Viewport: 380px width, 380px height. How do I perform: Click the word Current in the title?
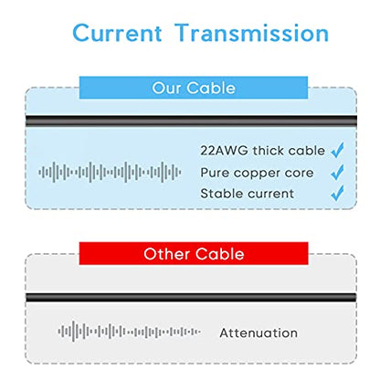coord(117,33)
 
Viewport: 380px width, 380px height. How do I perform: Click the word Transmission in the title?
coord(252,33)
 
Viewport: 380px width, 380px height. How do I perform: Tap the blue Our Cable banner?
coord(194,88)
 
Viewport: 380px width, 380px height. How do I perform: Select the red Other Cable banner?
coord(194,253)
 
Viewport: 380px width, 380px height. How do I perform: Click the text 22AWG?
coord(224,151)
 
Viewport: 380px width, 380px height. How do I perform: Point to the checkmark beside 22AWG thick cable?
coord(337,150)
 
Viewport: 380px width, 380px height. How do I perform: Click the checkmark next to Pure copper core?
coord(337,172)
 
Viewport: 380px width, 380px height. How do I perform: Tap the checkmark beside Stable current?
coord(337,193)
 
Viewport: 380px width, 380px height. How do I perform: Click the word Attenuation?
coord(259,332)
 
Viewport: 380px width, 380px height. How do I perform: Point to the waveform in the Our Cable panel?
coord(110,173)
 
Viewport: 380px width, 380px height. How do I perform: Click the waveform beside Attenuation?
coord(129,332)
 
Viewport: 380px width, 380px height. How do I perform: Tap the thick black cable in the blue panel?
coord(191,121)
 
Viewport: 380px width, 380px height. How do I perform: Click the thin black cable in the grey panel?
coord(191,297)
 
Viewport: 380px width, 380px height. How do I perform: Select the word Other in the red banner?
coord(166,254)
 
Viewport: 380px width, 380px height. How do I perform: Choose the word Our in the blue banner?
coord(166,88)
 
